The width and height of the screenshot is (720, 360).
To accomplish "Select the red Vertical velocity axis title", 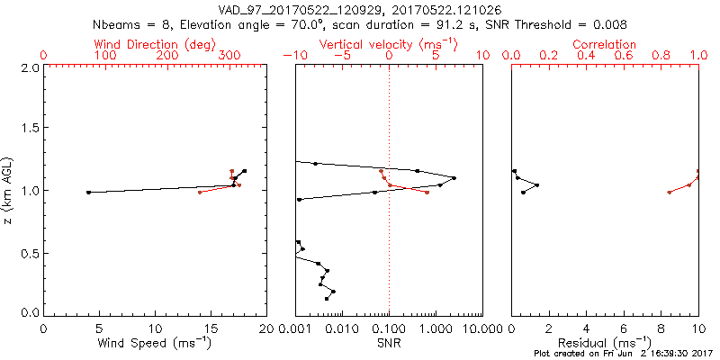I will (x=389, y=44).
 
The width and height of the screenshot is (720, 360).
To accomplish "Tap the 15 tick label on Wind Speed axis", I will (x=211, y=328).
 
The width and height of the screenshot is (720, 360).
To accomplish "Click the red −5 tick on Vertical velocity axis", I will (x=339, y=56).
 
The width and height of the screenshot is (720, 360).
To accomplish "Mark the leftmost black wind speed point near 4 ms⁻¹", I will (x=88, y=192).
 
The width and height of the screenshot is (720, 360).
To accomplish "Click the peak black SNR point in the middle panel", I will (x=454, y=178).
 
